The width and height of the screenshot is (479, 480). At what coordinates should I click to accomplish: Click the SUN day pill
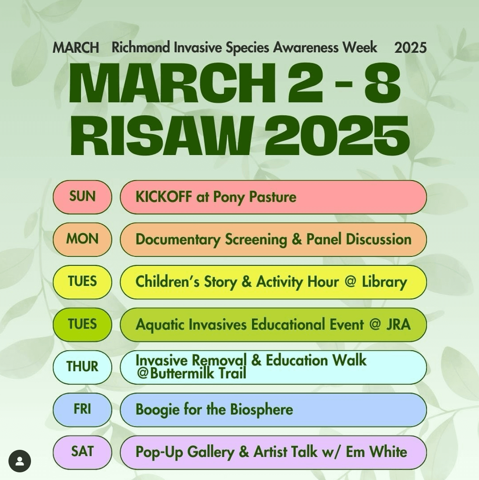[x=83, y=197]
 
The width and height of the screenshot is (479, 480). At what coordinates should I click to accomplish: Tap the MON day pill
[x=83, y=239]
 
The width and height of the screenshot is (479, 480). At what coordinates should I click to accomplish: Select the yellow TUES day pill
[x=83, y=282]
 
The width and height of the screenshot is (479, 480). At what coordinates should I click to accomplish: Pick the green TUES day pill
[x=83, y=325]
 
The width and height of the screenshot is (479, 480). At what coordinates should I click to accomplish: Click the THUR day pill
[x=83, y=367]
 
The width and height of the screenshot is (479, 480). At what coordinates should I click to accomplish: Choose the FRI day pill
[x=83, y=410]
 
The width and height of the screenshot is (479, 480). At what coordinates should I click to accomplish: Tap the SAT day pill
[x=83, y=452]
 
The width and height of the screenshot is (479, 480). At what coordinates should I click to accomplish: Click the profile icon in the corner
[x=20, y=461]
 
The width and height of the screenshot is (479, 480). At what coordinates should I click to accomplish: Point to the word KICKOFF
[x=164, y=197]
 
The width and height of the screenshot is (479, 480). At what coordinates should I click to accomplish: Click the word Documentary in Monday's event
[x=178, y=240]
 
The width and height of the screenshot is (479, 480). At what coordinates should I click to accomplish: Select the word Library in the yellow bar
[x=384, y=282]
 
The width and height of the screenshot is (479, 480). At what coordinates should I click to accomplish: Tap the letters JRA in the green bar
[x=398, y=325]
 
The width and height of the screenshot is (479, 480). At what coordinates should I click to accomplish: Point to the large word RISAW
[x=162, y=136]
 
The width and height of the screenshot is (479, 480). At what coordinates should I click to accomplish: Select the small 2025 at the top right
[x=410, y=48]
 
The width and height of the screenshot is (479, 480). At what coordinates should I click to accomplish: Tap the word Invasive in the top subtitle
[x=198, y=48]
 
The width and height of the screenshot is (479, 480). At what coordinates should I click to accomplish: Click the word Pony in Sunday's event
[x=229, y=197]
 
